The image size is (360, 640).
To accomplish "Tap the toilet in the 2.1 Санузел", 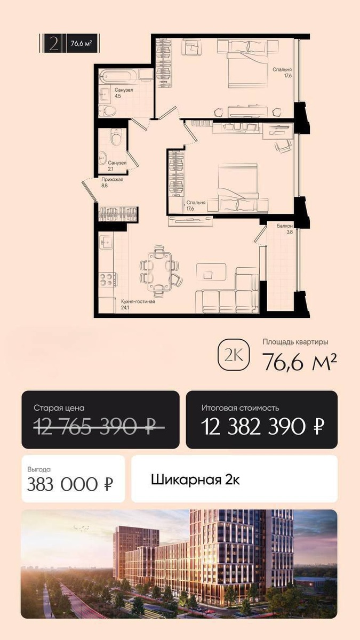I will coord(114,138).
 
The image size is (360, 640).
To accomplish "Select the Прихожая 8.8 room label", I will coord(113,183).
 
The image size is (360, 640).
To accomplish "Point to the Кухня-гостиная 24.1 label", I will coord(138,305).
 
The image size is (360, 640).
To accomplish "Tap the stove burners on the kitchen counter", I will coord(107,279).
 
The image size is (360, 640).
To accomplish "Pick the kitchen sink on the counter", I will coord(107,242).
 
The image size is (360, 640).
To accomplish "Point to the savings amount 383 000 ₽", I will coord(70,484).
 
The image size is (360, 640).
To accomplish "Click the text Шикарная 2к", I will coord(196,479).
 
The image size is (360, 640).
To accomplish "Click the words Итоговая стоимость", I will coord(240,408).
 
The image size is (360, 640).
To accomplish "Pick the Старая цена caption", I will coord(59,408).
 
